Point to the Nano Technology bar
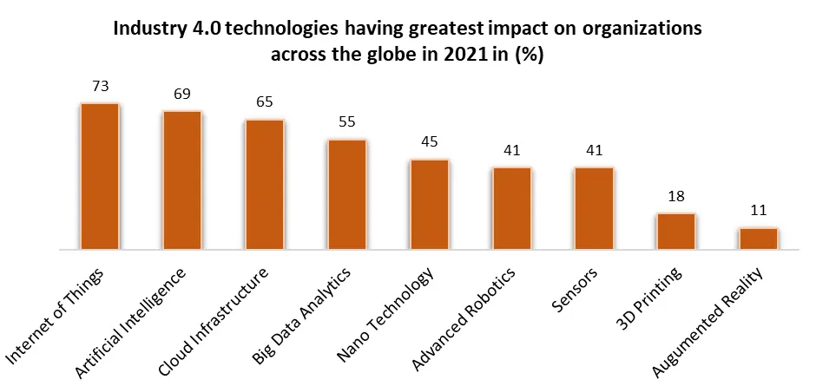click(430, 205)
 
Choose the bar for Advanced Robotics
click(512, 208)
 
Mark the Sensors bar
click(594, 208)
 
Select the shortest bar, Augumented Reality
click(759, 239)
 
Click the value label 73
click(100, 87)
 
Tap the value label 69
click(182, 95)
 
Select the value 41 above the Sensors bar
click(594, 151)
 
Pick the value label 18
click(676, 197)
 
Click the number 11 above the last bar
click(759, 212)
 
